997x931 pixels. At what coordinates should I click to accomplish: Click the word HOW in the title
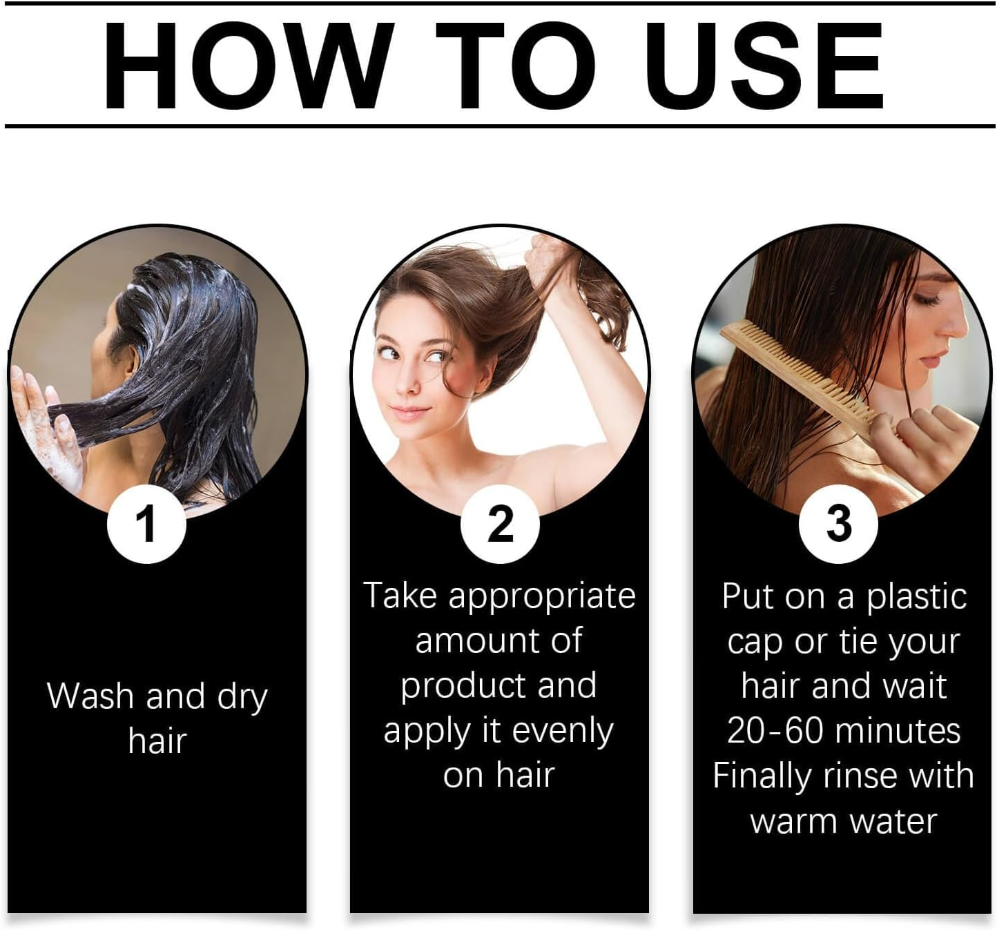tap(247, 66)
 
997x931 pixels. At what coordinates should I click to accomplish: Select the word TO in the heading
tap(515, 66)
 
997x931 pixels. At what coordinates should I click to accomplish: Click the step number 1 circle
tap(146, 524)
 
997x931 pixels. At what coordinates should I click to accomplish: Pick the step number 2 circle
tap(500, 524)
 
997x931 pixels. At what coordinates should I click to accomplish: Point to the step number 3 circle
tap(838, 524)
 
